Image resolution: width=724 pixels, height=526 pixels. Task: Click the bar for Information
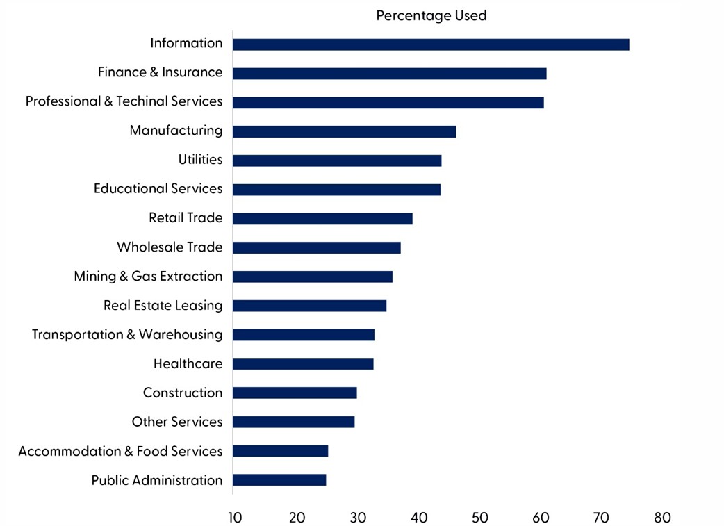click(431, 44)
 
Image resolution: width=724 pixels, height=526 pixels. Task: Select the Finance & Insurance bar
click(389, 74)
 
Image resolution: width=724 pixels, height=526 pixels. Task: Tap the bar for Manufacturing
click(344, 132)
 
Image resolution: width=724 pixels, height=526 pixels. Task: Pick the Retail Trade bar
click(322, 219)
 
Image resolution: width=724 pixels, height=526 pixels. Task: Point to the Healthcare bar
click(303, 363)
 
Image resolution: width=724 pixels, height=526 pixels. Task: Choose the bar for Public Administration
click(279, 480)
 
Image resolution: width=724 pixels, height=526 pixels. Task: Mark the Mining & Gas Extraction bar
click(313, 277)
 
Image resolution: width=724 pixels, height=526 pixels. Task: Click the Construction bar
click(295, 393)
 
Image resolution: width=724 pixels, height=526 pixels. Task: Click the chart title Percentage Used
click(431, 15)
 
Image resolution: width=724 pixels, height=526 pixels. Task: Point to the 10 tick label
click(235, 517)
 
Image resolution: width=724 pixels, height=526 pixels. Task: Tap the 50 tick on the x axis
click(479, 517)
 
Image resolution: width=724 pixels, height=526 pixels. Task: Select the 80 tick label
click(662, 517)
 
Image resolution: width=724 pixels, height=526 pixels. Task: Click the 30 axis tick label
click(357, 517)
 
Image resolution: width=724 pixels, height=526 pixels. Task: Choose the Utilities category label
click(200, 159)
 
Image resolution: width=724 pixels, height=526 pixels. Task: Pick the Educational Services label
click(158, 188)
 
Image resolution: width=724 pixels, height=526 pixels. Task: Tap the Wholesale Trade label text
click(170, 247)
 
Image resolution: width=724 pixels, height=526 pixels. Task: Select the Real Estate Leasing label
click(163, 305)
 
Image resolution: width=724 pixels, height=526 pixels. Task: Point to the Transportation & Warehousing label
click(127, 334)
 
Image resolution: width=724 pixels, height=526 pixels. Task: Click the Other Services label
click(177, 422)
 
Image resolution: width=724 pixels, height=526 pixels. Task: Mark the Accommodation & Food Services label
click(120, 451)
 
